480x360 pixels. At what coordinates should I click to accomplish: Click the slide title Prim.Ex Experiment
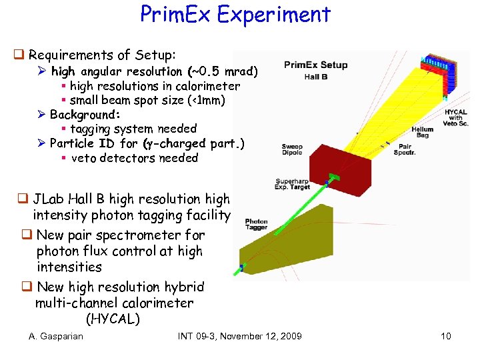235,15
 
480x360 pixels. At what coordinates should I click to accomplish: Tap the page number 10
446,336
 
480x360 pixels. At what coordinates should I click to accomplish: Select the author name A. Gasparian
56,336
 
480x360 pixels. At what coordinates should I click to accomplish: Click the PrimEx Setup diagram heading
315,65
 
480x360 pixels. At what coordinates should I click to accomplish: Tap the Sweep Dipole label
292,150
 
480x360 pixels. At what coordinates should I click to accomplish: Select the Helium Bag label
422,132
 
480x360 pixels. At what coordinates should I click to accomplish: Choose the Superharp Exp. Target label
293,184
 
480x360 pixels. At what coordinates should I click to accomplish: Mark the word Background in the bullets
83,115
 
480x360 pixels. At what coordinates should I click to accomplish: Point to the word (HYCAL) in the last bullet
113,319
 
